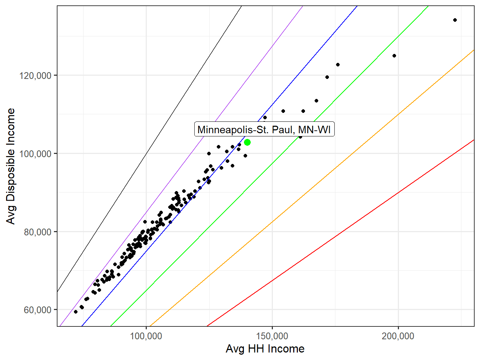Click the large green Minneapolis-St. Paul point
(247, 142)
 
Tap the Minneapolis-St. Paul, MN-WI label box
(264, 129)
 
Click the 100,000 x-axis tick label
(146, 336)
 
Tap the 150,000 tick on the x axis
(272, 336)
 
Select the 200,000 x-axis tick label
(398, 336)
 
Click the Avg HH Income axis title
(265, 349)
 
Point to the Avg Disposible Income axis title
(11, 166)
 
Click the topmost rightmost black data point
(455, 20)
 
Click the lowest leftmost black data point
(76, 312)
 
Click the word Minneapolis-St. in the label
(229, 129)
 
